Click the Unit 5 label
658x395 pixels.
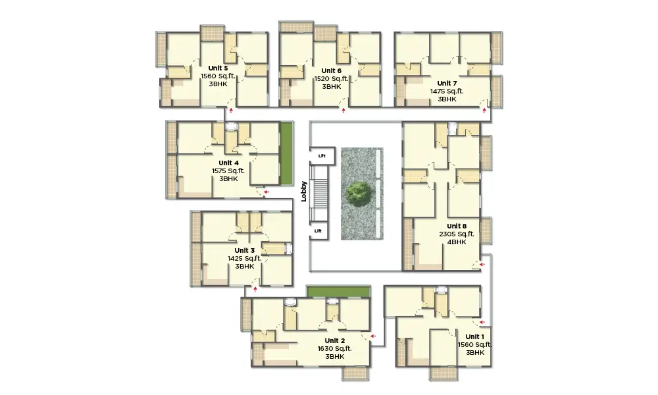(x=218, y=68)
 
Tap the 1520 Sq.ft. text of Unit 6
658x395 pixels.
(x=332, y=78)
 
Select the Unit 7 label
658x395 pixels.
(x=447, y=83)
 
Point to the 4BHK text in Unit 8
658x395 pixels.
(x=457, y=242)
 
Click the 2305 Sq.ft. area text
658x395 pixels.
(x=457, y=234)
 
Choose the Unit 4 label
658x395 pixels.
(x=228, y=163)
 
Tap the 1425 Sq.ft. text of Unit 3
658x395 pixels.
(x=244, y=258)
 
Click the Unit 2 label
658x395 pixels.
(x=334, y=340)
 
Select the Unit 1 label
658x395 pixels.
(x=474, y=336)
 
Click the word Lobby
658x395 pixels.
(x=304, y=192)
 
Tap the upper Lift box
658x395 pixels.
(x=322, y=156)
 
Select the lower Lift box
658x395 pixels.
(x=318, y=231)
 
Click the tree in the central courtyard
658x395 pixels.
(x=359, y=194)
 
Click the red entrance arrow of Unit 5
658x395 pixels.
(x=230, y=111)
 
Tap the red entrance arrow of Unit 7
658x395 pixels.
(x=484, y=111)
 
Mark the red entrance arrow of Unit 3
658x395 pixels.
(x=255, y=289)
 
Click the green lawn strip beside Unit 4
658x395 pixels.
(x=286, y=153)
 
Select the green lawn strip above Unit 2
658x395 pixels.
(x=338, y=292)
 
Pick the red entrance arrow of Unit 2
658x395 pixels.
(x=373, y=336)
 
